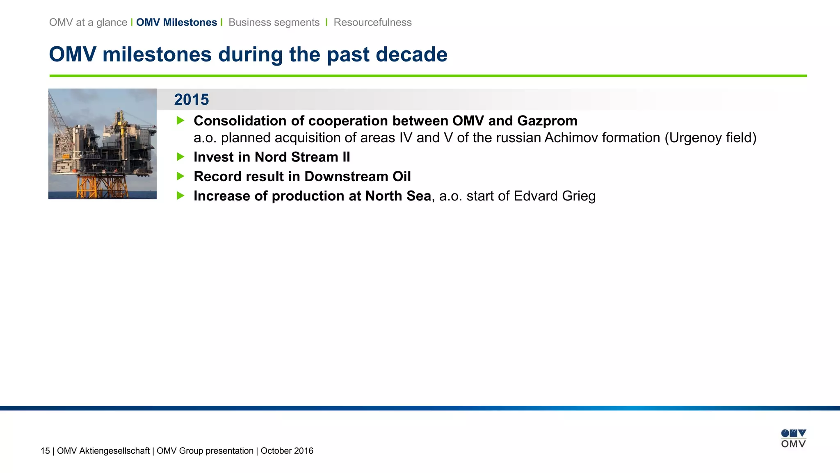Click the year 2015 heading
pos(191,100)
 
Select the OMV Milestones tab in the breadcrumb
pos(176,23)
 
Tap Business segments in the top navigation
pos(274,23)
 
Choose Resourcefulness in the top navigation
pos(372,23)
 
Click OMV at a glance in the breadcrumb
pos(88,23)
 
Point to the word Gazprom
pos(547,121)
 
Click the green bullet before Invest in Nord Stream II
pos(180,157)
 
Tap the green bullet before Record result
pos(180,176)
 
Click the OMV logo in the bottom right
pos(793,439)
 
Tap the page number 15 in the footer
pos(45,451)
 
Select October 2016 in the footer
pos(287,451)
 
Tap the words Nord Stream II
pos(302,157)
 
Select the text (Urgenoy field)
pos(710,138)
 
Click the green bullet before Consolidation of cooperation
pos(180,121)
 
